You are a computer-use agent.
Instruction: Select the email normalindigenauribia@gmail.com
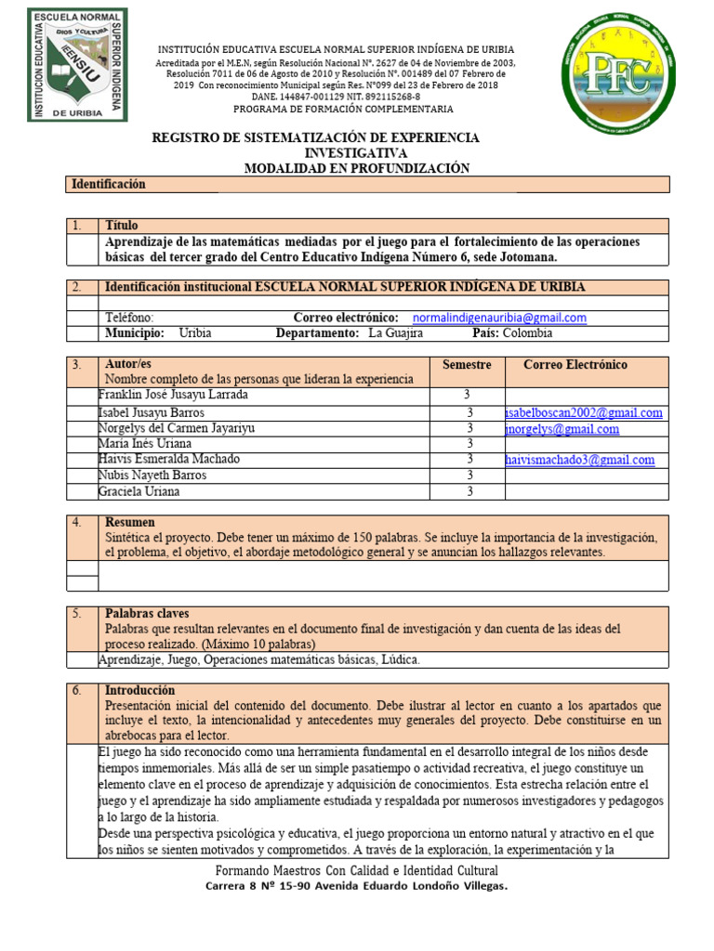point(499,318)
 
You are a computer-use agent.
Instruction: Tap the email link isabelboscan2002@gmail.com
point(585,412)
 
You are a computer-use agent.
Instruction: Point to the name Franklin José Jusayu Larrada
point(173,395)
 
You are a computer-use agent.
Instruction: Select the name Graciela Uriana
point(139,491)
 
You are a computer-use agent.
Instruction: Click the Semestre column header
point(467,365)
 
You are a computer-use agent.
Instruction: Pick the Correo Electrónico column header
point(575,365)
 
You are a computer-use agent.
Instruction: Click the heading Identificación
point(109,185)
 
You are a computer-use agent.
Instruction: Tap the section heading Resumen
point(129,522)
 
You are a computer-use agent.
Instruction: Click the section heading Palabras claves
point(147,614)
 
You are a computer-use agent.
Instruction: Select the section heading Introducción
point(139,691)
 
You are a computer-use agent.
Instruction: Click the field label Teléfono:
point(129,318)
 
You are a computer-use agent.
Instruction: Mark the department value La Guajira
point(395,333)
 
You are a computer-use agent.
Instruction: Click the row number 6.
point(78,691)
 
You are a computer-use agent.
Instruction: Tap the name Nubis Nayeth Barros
point(152,475)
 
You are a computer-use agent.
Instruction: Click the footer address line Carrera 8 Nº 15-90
point(356,887)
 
